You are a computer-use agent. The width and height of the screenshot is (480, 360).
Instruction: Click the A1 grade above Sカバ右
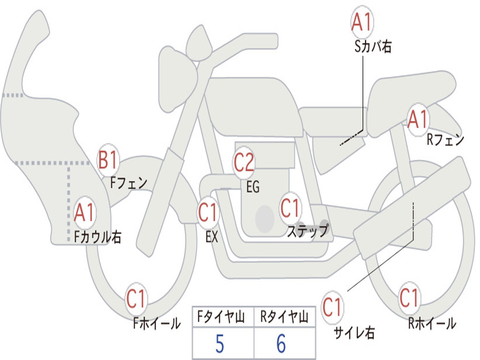coord(362,22)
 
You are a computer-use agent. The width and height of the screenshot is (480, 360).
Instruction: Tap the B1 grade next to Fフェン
coord(108,159)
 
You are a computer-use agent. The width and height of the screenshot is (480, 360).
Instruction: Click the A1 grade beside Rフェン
coord(418,120)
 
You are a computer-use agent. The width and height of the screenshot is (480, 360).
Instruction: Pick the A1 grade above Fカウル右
coord(84,212)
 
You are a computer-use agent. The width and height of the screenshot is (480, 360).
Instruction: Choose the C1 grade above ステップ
coord(291,208)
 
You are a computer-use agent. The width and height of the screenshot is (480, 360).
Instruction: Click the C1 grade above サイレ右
coord(332,307)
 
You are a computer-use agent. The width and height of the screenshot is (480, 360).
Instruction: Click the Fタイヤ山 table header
coord(221,316)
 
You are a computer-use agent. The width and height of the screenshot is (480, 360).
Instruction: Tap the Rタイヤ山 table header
coord(285,316)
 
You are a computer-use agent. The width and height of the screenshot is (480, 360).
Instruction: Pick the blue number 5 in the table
coord(220,344)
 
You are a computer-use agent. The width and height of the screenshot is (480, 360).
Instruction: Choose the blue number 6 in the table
coord(281,344)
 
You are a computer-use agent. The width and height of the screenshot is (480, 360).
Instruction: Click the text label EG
coord(253,187)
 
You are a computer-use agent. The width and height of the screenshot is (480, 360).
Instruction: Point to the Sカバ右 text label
coord(373,46)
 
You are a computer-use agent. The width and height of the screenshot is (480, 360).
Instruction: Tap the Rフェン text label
coord(445,140)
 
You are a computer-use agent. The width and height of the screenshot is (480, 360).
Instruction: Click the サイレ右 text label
coord(354,332)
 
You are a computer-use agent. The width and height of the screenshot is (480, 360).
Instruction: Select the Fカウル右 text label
coord(97,237)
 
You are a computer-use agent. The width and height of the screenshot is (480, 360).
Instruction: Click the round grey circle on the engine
coord(265,218)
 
